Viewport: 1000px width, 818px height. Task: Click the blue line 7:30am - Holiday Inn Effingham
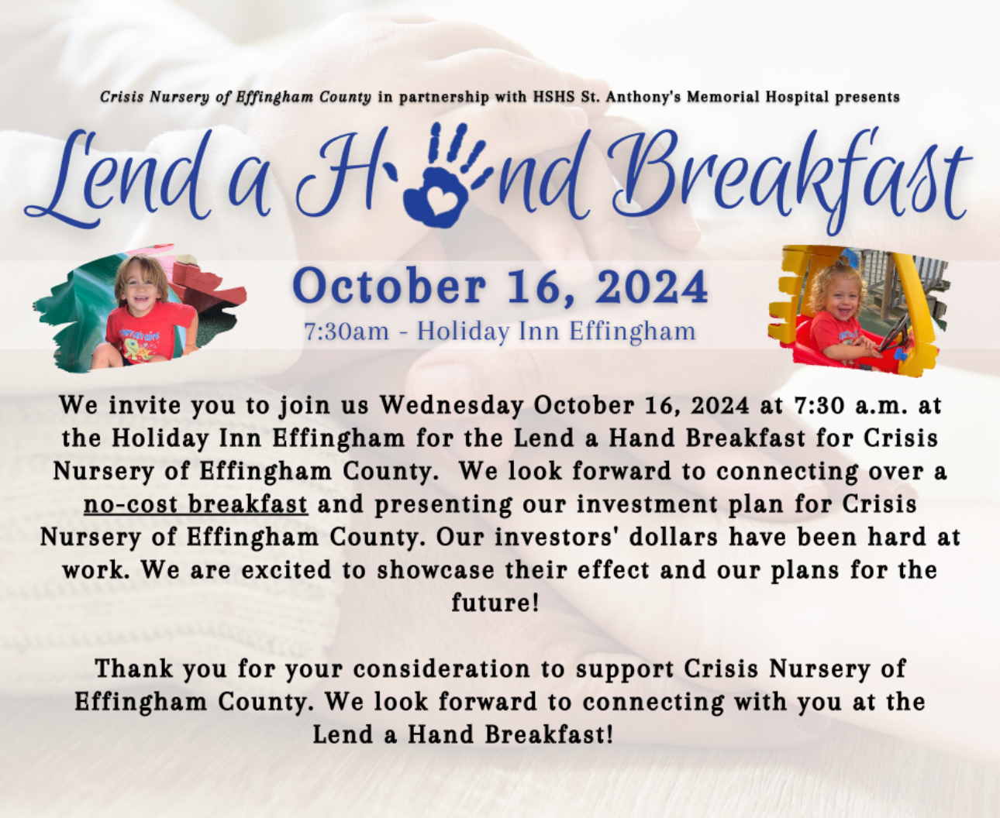[x=500, y=331]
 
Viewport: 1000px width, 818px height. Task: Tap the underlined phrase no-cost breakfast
[x=196, y=504]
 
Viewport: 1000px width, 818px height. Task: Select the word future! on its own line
[x=495, y=603]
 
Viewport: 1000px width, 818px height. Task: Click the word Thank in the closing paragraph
[x=134, y=668]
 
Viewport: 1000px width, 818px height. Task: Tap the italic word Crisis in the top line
[x=122, y=97]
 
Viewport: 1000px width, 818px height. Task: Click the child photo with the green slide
[x=139, y=308]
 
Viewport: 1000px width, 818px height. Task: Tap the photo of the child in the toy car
[x=858, y=311]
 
